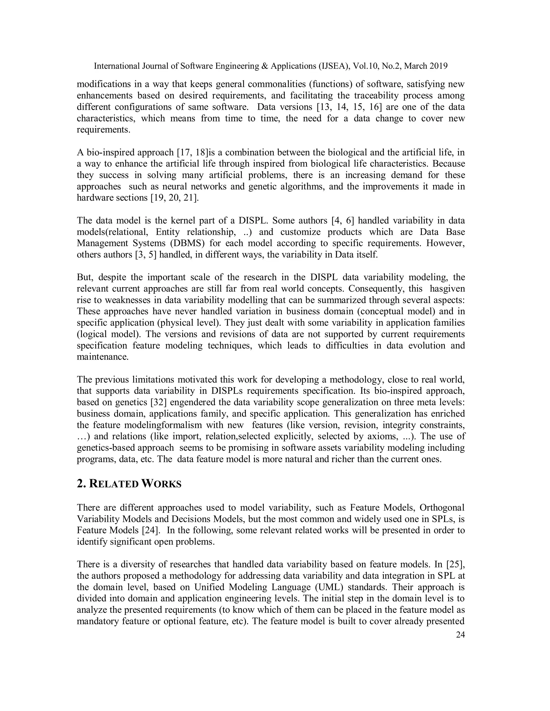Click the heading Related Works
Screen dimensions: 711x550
pos(129,484)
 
